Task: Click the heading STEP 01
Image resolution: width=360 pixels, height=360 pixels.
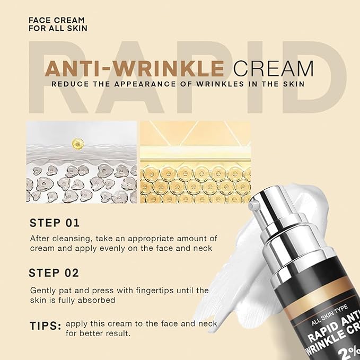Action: pos(55,223)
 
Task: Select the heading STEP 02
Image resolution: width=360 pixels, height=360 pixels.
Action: pos(55,274)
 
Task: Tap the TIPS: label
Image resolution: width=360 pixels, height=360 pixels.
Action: pos(45,325)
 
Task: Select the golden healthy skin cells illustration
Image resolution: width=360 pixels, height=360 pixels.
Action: pos(194,182)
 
